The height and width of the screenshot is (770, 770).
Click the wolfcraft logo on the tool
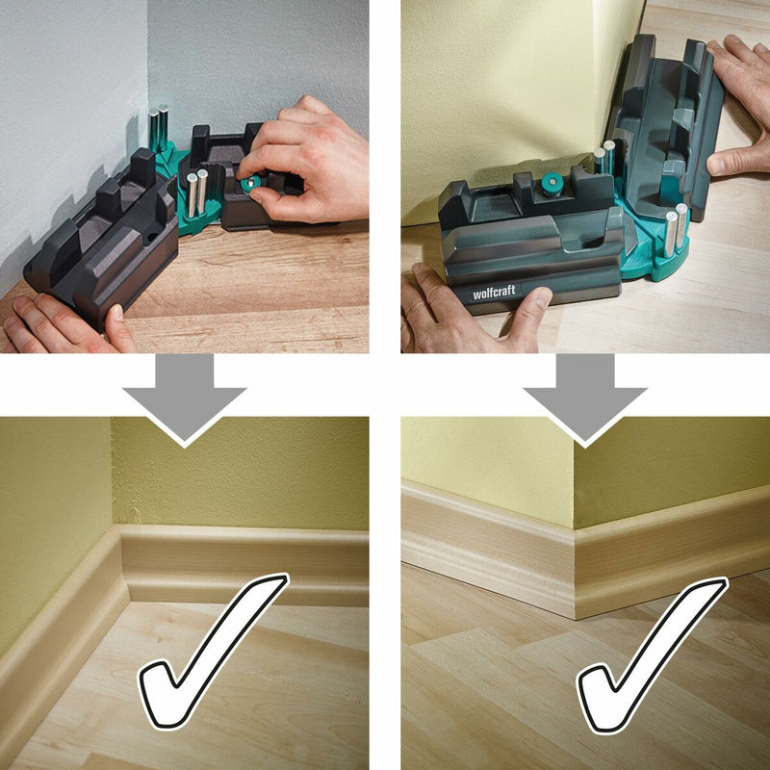494,293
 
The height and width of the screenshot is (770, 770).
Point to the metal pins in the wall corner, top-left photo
159,128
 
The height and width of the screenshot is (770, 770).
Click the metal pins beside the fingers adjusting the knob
196,192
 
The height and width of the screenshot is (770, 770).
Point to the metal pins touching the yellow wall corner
604,156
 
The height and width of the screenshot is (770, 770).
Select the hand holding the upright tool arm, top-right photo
739,106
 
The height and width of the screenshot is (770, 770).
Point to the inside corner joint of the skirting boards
122,565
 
